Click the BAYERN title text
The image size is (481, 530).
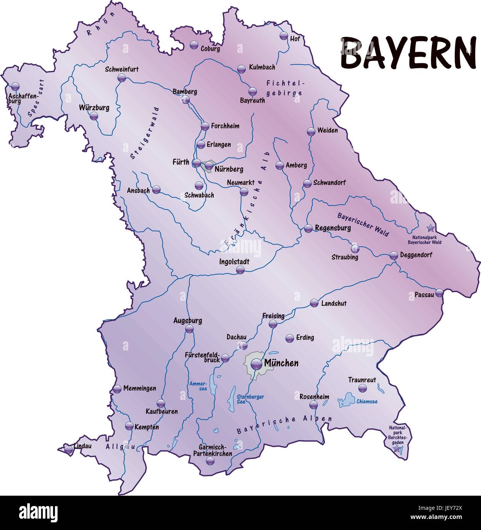[408, 53]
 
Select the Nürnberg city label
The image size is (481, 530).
[229, 169]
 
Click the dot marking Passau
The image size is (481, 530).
[439, 293]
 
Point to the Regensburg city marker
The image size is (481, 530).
[308, 229]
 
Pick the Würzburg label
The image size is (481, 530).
[94, 108]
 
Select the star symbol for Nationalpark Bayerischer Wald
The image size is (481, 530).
[430, 228]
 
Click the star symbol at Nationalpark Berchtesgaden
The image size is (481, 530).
[398, 449]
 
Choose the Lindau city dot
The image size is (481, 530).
[69, 449]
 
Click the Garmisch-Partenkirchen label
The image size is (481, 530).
[212, 450]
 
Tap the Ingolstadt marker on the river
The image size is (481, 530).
[240, 270]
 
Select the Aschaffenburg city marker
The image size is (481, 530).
[15, 86]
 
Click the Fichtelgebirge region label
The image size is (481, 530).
[284, 88]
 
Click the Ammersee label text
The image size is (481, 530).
[198, 386]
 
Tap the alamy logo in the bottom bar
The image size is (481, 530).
[38, 513]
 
